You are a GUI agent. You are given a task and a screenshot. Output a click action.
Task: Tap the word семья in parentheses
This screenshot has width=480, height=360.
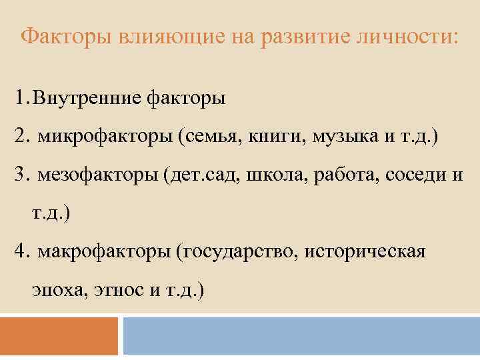pos(210,137)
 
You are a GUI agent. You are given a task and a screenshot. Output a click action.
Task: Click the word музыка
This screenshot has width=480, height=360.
pos(338,137)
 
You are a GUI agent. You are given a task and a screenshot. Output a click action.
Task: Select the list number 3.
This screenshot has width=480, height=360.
pos(23,175)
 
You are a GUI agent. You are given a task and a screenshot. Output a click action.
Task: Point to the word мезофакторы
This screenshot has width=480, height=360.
pos(103,176)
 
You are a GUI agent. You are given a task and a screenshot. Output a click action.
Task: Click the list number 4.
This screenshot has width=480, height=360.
pos(23,252)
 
